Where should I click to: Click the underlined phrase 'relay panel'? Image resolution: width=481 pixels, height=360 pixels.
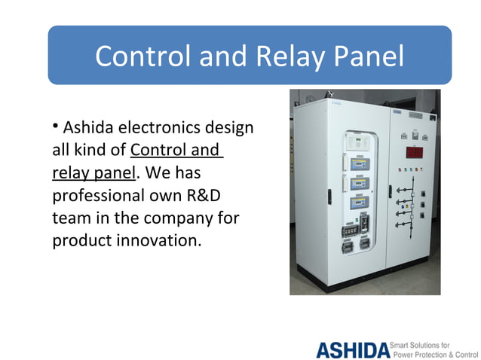coord(93,173)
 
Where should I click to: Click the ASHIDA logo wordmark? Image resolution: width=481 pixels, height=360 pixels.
coord(352,349)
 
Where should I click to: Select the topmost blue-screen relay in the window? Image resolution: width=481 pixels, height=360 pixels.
coord(356,163)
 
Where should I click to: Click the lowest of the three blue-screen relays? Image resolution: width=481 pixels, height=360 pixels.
coord(356,205)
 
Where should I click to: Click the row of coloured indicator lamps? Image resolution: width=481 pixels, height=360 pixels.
coord(410,169)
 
